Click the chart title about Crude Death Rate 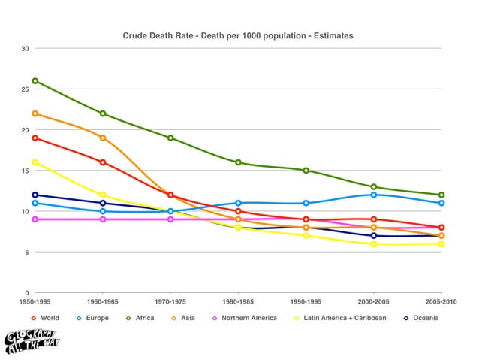(238, 35)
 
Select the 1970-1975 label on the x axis (170, 301)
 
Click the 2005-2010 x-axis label (441, 301)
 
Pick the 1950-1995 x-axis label (35, 301)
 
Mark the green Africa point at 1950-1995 (35, 81)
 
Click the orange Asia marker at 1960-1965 (103, 138)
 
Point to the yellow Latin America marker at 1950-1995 (35, 162)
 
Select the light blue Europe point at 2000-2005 (374, 195)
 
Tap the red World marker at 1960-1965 (103, 162)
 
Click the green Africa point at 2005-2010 (441, 195)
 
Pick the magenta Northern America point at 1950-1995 (35, 219)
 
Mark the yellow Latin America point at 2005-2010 (441, 244)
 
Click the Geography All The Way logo (32, 341)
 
